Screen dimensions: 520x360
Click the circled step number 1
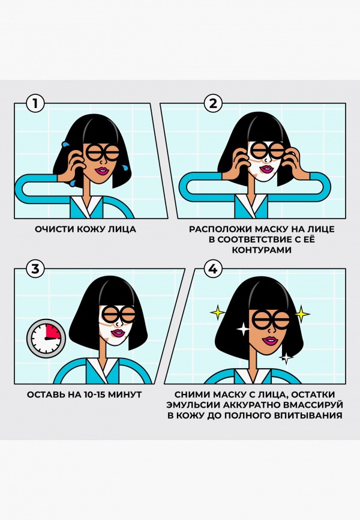[36, 104]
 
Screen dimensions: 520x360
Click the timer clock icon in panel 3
[46, 338]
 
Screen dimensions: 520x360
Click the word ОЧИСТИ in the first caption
[51, 229]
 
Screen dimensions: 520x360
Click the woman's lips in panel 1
[97, 171]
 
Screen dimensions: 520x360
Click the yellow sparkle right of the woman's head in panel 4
[301, 313]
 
